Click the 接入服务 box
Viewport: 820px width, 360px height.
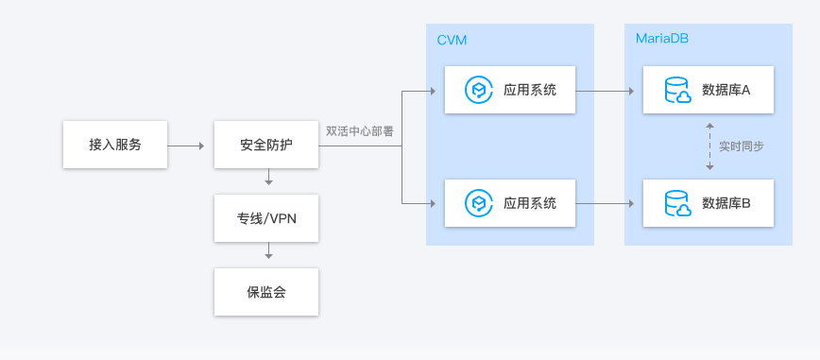click(x=115, y=146)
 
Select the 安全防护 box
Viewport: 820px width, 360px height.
click(x=266, y=146)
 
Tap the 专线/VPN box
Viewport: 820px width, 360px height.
click(x=266, y=218)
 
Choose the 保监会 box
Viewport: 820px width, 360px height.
click(x=266, y=292)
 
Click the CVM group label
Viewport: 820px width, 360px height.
click(x=452, y=40)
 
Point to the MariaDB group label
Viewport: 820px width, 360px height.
click(x=662, y=40)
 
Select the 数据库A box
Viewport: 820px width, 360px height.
click(x=708, y=91)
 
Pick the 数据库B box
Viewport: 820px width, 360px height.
click(x=708, y=202)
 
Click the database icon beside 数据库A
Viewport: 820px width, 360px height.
click(x=677, y=91)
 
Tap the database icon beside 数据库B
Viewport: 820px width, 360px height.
click(x=677, y=202)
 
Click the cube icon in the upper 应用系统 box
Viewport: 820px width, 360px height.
click(x=479, y=91)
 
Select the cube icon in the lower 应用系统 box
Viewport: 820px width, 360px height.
click(x=479, y=202)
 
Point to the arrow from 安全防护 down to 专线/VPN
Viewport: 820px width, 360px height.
click(x=269, y=178)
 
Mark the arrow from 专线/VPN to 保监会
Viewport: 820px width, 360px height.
click(x=269, y=251)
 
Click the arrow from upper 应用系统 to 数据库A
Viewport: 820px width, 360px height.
click(x=605, y=92)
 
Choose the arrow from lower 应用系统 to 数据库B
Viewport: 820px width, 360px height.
click(x=605, y=203)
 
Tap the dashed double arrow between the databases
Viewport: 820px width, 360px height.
click(x=709, y=146)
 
